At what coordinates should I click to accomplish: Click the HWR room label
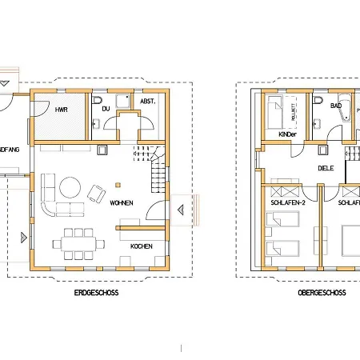(x=60, y=109)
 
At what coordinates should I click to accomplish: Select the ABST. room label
(x=147, y=102)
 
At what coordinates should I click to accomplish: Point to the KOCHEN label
(x=142, y=245)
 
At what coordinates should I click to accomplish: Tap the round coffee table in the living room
(x=69, y=188)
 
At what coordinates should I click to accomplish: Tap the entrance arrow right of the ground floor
(x=181, y=210)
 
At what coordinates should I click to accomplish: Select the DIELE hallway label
(x=326, y=169)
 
